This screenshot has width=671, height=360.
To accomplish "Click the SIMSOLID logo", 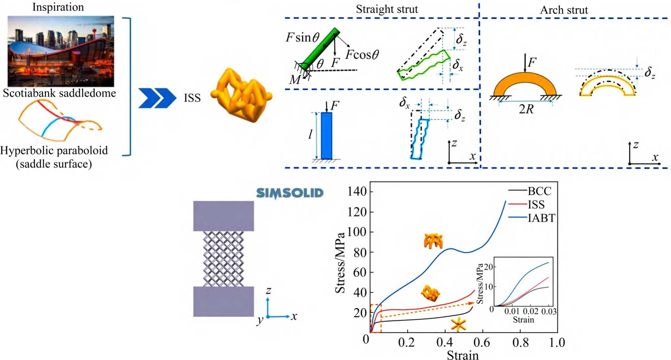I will tap(289, 193).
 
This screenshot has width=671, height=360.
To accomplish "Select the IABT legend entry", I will tap(541, 218).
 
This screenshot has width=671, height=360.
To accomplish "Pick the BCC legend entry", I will tap(539, 191).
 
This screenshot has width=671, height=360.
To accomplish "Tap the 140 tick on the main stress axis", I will tap(357, 191).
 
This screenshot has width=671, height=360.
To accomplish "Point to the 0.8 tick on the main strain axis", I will tap(520, 342).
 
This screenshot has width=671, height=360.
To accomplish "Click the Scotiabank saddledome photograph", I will tap(61, 51).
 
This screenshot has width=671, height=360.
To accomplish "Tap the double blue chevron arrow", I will tap(157, 98).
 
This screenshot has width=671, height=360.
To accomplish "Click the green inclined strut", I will tap(320, 48).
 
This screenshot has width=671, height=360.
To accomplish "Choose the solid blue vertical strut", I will tap(326, 136).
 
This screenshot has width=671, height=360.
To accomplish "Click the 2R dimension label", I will tap(526, 109).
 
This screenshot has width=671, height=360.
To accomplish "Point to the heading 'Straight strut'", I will tap(387, 9).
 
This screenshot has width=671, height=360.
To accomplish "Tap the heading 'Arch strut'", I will tap(564, 10).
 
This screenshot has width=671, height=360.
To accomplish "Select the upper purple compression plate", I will tap(223, 216).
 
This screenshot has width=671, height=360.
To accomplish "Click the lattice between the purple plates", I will tap(223, 259).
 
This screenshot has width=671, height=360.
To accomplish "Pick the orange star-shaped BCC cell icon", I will tap(458, 324).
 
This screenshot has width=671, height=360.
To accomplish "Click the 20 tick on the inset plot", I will tap(488, 267).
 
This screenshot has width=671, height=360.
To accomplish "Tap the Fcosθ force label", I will tap(362, 54).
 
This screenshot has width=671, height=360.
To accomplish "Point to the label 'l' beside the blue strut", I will tap(310, 134).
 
